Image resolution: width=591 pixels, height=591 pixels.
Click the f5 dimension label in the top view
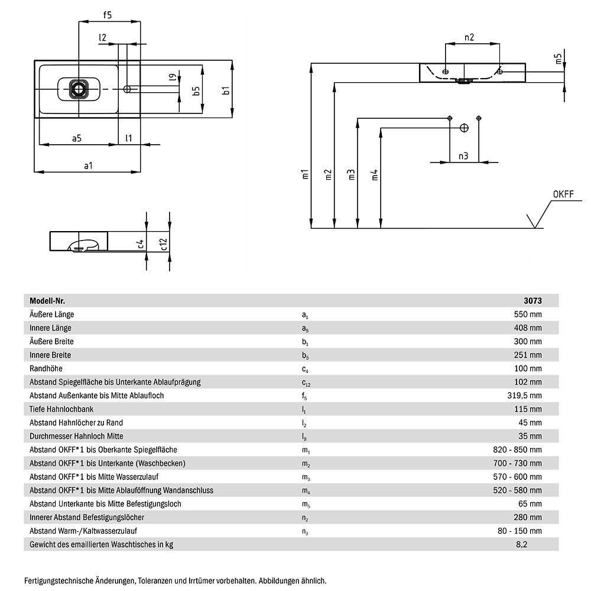pyautogui.click(x=108, y=16)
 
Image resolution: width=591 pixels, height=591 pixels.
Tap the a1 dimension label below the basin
pyautogui.click(x=88, y=165)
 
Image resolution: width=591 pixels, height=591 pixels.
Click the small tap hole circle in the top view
pyautogui.click(x=127, y=89)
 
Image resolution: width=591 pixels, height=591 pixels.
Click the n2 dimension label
pyautogui.click(x=469, y=38)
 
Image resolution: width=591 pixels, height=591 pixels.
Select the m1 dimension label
pyautogui.click(x=304, y=174)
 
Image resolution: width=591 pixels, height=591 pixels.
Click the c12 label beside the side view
pyautogui.click(x=164, y=243)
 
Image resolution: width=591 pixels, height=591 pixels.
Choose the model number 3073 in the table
pyautogui.click(x=534, y=300)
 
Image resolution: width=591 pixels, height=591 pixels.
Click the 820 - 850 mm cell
pyautogui.click(x=517, y=450)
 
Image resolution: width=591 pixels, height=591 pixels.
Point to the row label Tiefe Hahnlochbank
pyautogui.click(x=61, y=409)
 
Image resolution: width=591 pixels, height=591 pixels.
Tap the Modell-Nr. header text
pyautogui.click(x=47, y=300)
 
